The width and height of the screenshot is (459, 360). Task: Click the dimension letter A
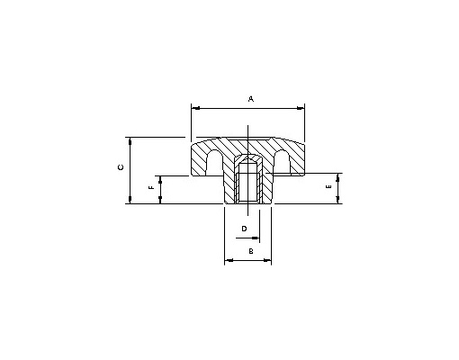point(251,99)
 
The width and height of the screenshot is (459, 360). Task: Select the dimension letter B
point(251,251)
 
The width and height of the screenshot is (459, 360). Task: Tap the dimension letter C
point(121,167)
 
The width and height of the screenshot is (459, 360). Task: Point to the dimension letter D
point(244,229)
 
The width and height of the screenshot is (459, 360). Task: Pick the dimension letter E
point(328,186)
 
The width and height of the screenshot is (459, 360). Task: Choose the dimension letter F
point(151,187)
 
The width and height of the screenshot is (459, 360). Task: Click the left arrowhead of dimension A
point(195,108)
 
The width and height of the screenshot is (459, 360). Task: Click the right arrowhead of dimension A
point(301,108)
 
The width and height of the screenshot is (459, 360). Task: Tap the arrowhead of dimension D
point(256,238)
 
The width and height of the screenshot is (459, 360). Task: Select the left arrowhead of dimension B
point(229,260)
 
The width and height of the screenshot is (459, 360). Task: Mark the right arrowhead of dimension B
point(267,260)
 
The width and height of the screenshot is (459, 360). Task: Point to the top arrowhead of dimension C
point(130,141)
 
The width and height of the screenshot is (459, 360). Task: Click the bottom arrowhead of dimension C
point(130,200)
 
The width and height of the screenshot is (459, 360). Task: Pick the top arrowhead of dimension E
point(338,177)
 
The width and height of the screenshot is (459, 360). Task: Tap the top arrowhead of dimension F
point(160,180)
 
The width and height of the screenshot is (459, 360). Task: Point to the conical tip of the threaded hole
point(247,158)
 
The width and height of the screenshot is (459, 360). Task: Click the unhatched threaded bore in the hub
point(247,183)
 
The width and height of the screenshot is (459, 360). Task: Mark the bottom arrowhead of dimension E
point(338,200)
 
